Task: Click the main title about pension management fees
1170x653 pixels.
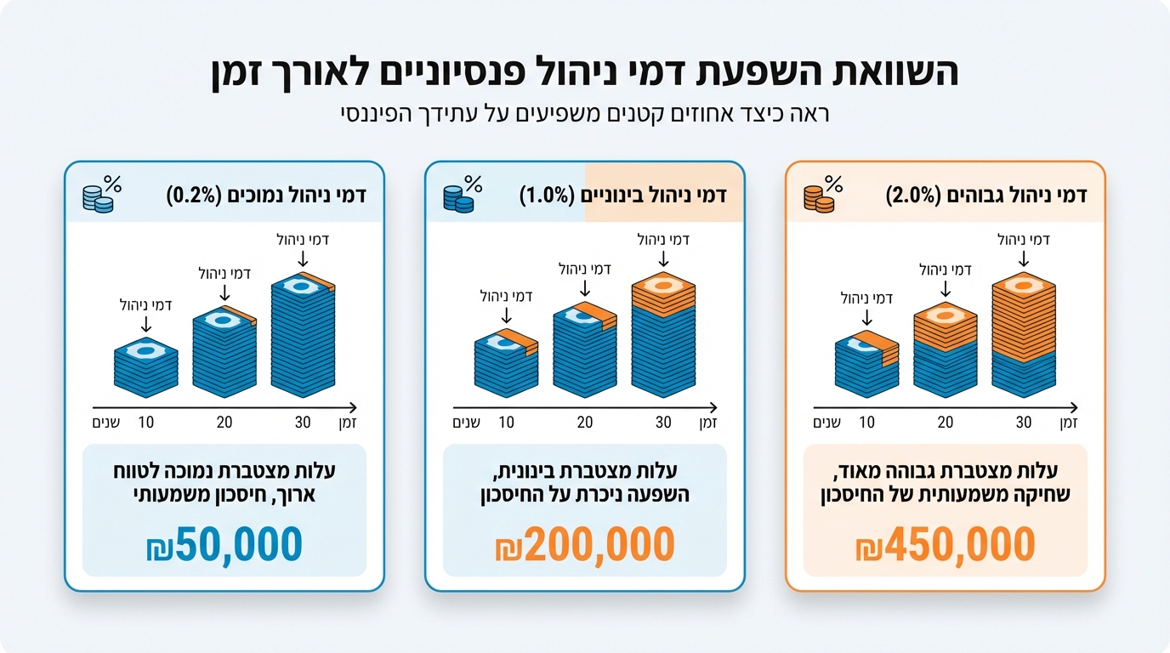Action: click(585, 73)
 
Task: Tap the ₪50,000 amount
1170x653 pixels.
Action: click(224, 545)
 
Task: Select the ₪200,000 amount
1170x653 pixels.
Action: click(585, 545)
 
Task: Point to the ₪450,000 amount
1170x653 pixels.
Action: click(946, 545)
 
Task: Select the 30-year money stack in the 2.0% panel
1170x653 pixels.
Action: click(1024, 337)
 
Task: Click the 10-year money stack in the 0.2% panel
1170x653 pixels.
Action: click(146, 367)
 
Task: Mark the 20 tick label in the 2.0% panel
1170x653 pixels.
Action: click(946, 423)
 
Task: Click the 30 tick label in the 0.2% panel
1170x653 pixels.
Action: click(303, 423)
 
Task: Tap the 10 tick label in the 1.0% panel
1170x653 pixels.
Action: click(507, 423)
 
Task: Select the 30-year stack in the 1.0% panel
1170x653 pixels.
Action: click(663, 337)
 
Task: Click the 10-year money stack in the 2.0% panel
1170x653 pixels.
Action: click(867, 364)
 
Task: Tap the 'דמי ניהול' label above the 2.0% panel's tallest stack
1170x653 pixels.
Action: click(1024, 240)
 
